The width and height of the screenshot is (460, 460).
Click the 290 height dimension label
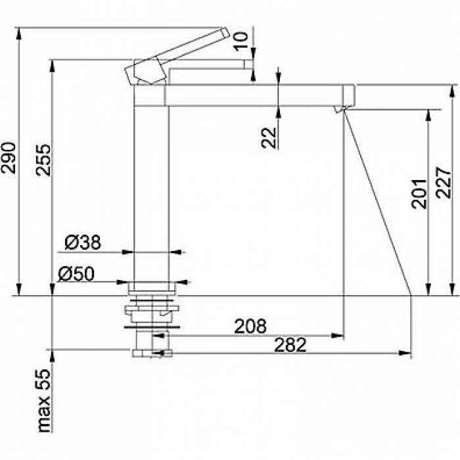[9, 158]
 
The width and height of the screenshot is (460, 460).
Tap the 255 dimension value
[43, 160]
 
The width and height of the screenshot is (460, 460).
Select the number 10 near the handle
[241, 41]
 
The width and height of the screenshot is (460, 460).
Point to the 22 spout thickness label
[269, 138]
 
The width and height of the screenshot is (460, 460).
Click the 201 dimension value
[419, 194]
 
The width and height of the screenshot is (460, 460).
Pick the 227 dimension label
[444, 183]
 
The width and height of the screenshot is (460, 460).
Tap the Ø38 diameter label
[83, 242]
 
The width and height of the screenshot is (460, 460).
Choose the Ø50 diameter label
[76, 274]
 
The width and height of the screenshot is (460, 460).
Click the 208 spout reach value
[250, 326]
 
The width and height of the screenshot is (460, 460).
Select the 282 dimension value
[290, 345]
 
